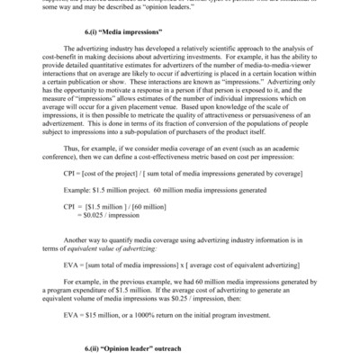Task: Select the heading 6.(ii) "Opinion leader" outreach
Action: pyautogui.click(x=180, y=348)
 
